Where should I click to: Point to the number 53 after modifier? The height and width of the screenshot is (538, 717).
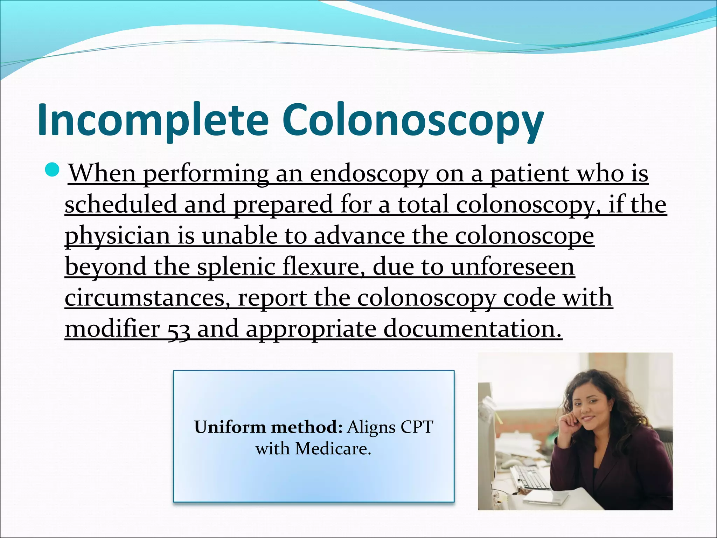[x=179, y=330]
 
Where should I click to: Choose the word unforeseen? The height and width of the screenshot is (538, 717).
[x=513, y=267]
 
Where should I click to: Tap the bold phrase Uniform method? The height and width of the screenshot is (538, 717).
[x=268, y=427]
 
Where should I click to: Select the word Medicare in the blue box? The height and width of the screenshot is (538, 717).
[x=333, y=449]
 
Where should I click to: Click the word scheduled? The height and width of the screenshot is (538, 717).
[x=121, y=205]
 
